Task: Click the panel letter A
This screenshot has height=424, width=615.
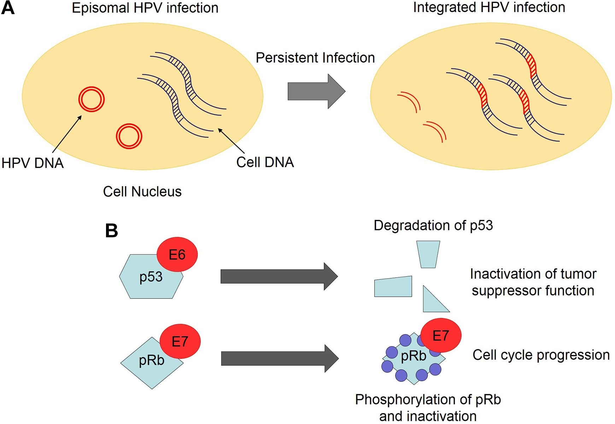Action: point(8,8)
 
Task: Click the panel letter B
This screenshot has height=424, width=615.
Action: point(112,231)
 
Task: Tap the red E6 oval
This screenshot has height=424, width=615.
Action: point(177,254)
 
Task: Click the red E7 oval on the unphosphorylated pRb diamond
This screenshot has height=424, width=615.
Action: point(180,341)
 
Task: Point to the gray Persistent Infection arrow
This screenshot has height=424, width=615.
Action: point(316,91)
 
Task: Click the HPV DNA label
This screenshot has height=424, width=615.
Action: point(33,163)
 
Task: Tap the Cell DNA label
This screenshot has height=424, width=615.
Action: point(265,162)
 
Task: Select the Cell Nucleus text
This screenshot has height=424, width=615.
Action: point(142,192)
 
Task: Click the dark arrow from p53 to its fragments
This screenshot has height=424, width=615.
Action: point(279,277)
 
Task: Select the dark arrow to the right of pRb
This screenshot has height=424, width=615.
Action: point(280,359)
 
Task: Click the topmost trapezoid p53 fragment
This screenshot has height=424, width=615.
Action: point(428,254)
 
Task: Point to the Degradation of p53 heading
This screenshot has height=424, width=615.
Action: point(433,225)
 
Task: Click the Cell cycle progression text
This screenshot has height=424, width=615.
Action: point(541,355)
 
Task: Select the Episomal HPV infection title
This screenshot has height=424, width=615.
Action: point(145,8)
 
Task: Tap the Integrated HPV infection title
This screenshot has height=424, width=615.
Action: point(489,7)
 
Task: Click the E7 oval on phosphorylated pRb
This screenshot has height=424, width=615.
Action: point(441,335)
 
